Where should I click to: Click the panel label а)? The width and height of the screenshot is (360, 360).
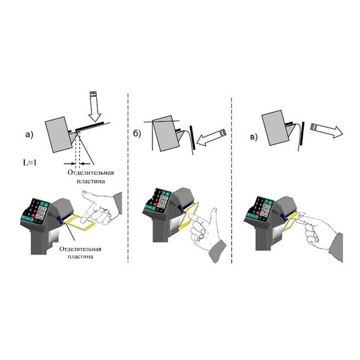(x=28, y=135)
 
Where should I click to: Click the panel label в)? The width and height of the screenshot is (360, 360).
(x=252, y=137)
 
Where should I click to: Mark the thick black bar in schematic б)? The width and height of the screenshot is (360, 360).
(x=190, y=137)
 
